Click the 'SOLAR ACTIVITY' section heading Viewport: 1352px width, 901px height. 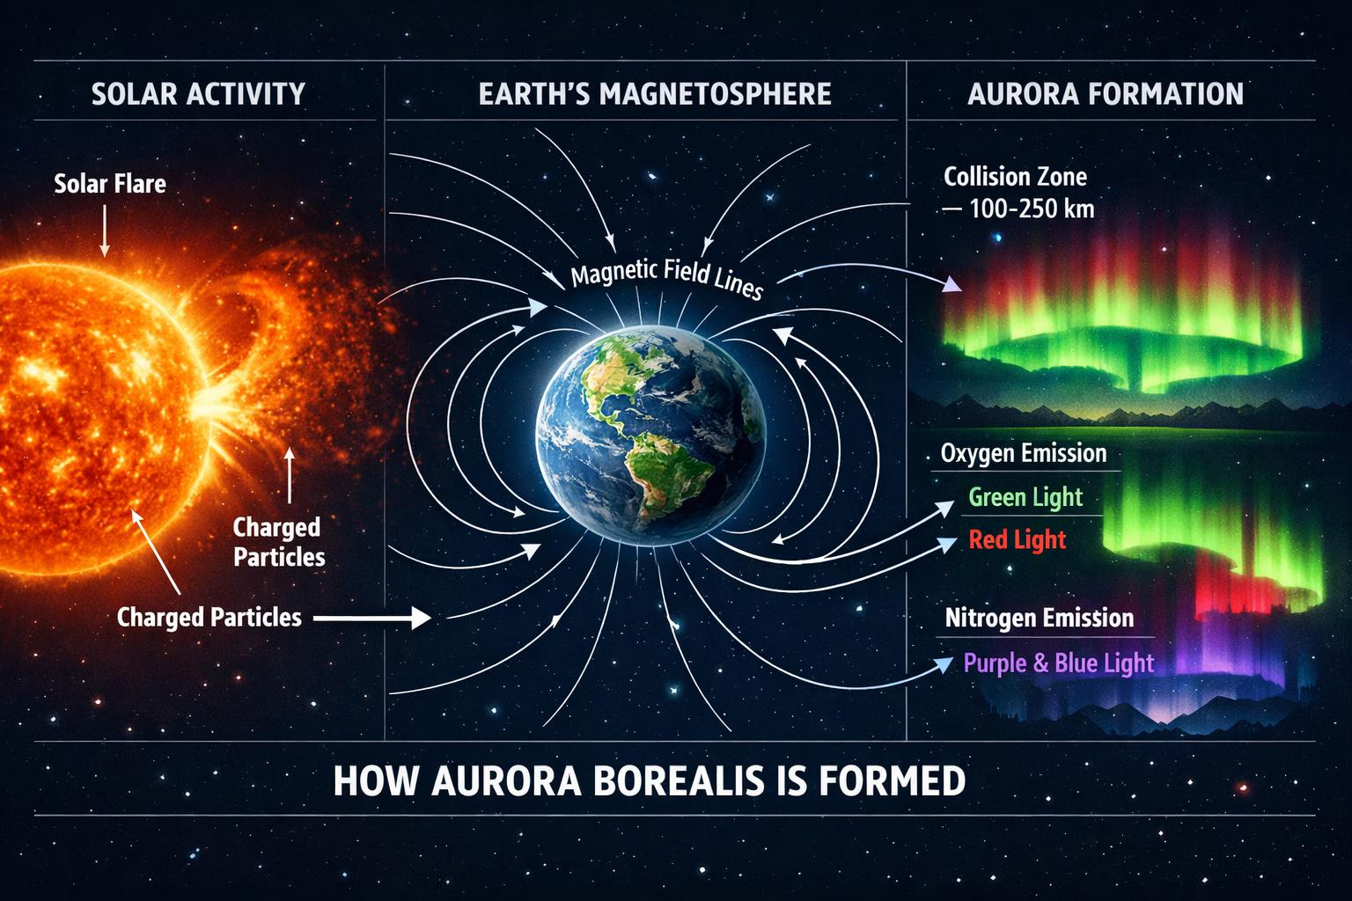198,94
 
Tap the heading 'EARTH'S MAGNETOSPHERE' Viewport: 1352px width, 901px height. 655,94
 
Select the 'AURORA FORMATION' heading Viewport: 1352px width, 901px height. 1106,94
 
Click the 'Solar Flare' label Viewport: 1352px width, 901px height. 110,184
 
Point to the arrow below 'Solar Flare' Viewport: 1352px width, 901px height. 105,231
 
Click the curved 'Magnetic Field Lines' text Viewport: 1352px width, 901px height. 667,277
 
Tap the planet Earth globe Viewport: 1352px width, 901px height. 650,436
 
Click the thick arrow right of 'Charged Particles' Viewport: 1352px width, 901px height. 371,618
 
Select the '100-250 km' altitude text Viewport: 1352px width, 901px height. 1032,209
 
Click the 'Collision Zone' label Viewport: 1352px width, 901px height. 1015,177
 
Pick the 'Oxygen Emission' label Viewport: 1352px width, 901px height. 1024,453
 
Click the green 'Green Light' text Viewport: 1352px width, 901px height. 1025,497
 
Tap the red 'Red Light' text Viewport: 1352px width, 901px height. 1017,539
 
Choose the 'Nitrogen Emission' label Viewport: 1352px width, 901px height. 1040,618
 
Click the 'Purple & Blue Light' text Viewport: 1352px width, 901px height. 1059,663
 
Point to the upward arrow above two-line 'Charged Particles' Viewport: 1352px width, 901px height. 290,475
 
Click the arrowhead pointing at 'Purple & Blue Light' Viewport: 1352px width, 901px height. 944,664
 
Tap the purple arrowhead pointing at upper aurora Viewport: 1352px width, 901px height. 952,284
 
